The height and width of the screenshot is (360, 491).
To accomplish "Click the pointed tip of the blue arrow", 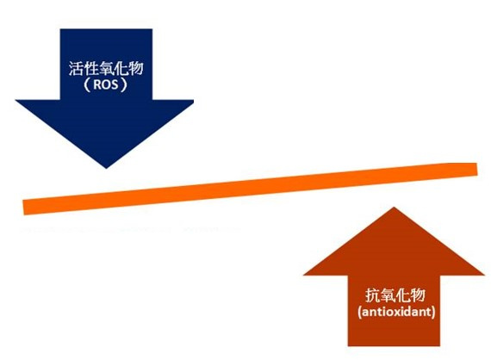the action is tap(106, 169).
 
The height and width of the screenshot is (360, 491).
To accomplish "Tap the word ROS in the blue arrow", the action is tap(106, 84).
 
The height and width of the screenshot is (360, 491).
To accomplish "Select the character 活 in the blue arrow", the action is tap(76, 68).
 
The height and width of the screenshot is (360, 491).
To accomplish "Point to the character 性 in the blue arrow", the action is tap(90, 68).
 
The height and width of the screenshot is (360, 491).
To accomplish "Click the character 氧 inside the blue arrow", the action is tap(106, 68).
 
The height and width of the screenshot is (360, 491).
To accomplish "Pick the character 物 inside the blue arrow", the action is tap(136, 68).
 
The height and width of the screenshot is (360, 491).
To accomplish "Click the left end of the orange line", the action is tap(24, 208).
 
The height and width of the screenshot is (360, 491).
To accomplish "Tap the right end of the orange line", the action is tap(477, 169).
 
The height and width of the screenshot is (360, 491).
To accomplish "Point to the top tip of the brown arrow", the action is tap(394, 208).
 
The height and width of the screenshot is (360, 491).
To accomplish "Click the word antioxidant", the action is tap(396, 312).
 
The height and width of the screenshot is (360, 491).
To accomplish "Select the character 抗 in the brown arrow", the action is tap(373, 295).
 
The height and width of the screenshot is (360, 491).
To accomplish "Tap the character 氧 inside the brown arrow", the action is tap(388, 295).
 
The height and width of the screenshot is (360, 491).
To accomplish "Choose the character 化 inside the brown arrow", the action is tap(402, 295).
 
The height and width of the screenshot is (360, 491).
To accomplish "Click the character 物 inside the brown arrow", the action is tap(418, 295).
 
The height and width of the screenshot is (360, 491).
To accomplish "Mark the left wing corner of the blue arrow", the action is tap(16, 100).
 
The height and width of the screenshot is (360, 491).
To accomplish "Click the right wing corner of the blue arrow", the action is tap(193, 100).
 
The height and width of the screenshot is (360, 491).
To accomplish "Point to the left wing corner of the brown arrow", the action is tap(304, 275).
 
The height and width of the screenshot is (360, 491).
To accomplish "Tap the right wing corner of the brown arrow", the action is tap(484, 275).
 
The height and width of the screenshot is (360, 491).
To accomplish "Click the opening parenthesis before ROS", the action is tap(87, 84).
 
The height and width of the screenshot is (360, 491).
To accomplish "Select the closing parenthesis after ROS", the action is tap(124, 84).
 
